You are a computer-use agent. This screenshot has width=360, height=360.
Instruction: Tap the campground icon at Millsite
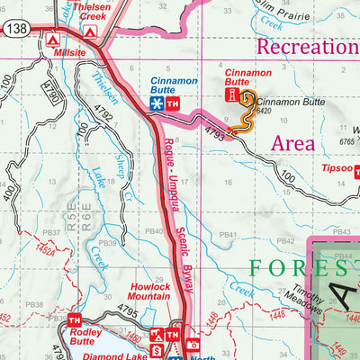click(52, 40)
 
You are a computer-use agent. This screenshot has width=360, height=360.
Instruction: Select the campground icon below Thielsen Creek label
click(90, 31)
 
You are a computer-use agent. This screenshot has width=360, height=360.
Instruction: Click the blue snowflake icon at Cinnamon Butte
click(157, 104)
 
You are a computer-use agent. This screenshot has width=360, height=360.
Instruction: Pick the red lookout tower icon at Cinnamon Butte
click(234, 94)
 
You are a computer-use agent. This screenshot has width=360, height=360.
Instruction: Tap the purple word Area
click(292, 143)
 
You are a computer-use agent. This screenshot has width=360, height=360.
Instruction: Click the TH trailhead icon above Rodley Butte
click(74, 319)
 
